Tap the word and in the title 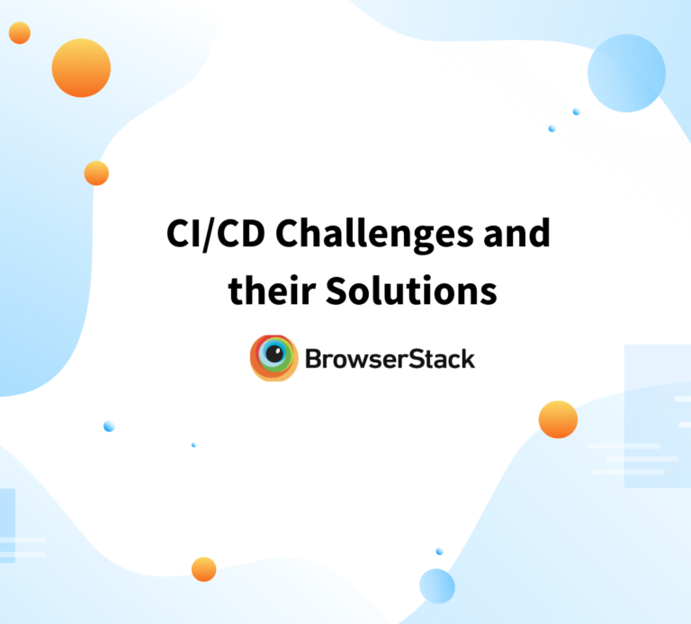[516, 236]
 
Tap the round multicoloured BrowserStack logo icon [274, 358]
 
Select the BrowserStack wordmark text [390, 360]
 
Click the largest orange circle [81, 68]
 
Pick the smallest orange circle [20, 33]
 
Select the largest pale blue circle [626, 73]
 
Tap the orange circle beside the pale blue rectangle [558, 419]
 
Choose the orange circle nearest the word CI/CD [96, 174]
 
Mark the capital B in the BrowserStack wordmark [313, 360]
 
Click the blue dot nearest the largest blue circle [576, 111]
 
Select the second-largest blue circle [437, 585]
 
